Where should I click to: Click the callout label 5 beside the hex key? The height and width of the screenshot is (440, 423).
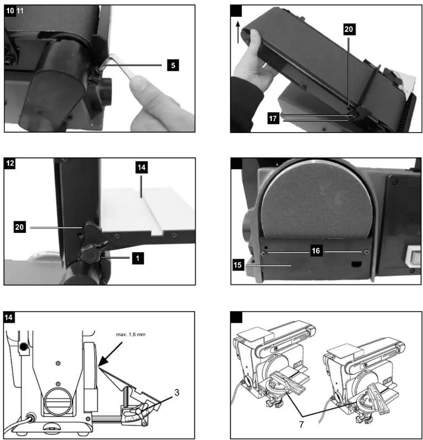[173, 65]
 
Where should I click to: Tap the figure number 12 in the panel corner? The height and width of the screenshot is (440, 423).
[10, 163]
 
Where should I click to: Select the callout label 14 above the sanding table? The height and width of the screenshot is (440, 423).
[142, 168]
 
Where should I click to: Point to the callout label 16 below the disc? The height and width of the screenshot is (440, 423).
[316, 251]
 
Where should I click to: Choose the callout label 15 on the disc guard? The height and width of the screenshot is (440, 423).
[238, 265]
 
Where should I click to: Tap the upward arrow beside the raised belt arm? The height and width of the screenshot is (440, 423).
[238, 32]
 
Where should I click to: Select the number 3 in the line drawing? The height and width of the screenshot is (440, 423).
[177, 393]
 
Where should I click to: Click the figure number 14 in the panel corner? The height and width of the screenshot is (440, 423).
[9, 318]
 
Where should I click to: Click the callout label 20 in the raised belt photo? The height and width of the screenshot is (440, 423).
[349, 29]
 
